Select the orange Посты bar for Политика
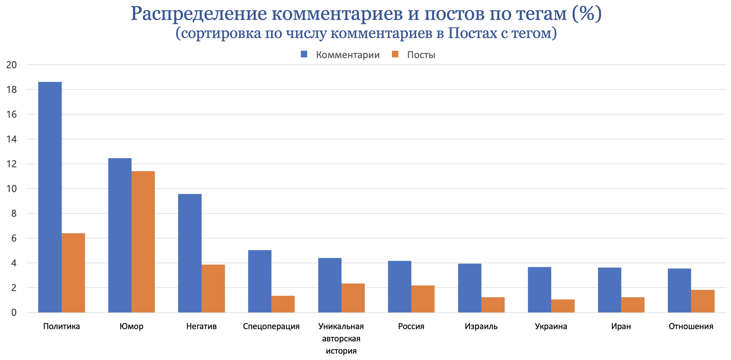(73, 273)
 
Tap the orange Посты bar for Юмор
(143, 242)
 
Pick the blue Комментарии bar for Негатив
(190, 253)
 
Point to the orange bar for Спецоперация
(283, 304)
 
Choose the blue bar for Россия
(399, 287)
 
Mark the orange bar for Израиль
(493, 305)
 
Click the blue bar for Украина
(539, 290)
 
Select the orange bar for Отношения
(703, 301)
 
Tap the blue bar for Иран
(609, 290)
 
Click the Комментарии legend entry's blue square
(304, 54)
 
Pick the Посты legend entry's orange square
(395, 54)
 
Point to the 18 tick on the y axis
(11, 90)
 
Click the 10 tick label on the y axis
(11, 189)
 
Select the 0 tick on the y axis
(14, 313)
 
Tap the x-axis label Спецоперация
(271, 326)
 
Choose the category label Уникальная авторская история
(341, 339)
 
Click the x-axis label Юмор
(131, 326)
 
